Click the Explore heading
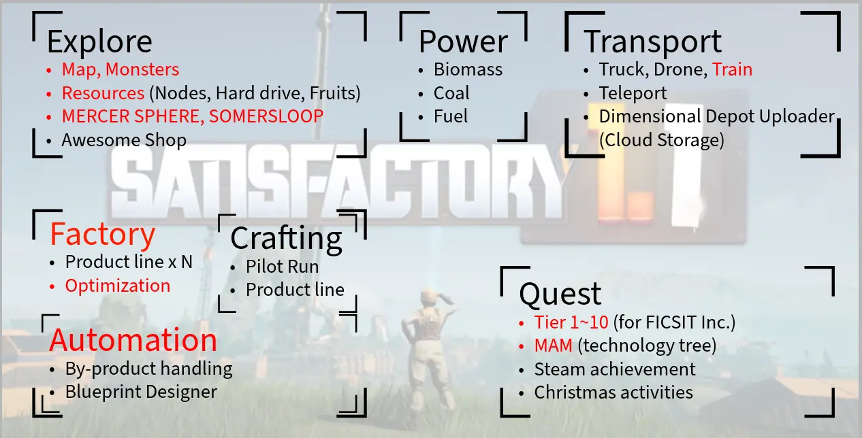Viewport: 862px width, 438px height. pos(99,42)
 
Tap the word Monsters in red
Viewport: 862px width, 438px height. pos(142,69)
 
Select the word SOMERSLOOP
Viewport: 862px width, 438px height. pos(266,116)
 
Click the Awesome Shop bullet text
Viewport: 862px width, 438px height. pos(124,140)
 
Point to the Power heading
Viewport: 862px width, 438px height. pos(463,41)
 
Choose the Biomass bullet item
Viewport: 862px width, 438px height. pos(468,69)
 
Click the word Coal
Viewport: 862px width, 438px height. pos(451,93)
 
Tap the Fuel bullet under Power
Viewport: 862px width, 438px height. pos(451,116)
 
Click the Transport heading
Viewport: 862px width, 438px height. pos(653,41)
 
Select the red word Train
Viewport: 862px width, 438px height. pos(732,69)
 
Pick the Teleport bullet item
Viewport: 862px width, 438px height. pos(633,93)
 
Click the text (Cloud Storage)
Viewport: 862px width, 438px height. pos(662,140)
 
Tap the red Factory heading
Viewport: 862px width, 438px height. pos(102,234)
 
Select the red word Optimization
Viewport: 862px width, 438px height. pos(117,286)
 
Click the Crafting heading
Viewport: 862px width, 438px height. pos(286,239)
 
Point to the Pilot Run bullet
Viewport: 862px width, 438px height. pos(282,267)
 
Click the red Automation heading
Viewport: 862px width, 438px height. pos(133,340)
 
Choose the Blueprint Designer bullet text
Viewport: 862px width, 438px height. pos(141,392)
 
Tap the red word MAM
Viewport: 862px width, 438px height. pos(553,346)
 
